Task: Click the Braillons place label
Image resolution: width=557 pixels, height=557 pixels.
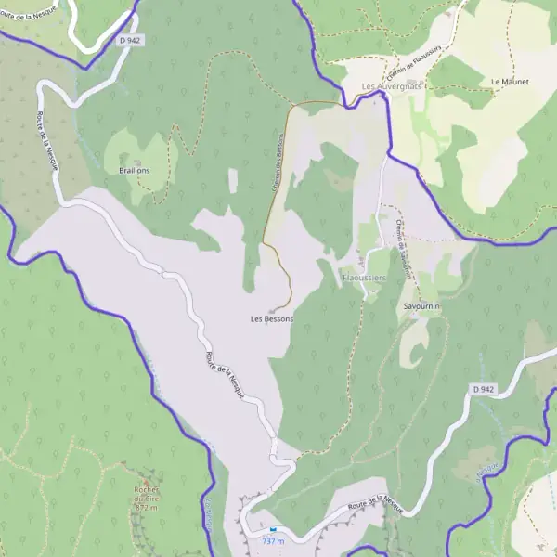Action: (135, 171)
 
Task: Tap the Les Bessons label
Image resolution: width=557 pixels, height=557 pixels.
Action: (271, 318)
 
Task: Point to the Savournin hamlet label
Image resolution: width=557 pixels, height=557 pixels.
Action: (421, 305)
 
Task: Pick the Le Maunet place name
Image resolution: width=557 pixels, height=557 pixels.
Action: (510, 82)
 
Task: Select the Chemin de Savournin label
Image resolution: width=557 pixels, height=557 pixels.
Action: (404, 242)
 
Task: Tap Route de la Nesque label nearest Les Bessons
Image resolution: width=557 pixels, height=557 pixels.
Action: (226, 379)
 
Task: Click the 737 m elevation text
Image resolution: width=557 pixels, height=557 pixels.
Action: (273, 540)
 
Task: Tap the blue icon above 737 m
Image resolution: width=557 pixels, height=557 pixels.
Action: (272, 529)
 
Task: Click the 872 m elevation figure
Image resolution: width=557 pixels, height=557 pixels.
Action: (147, 509)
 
